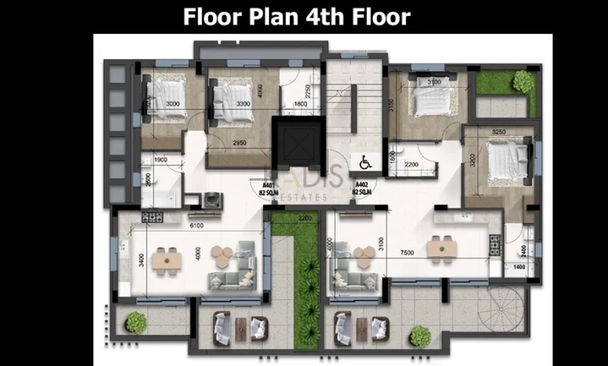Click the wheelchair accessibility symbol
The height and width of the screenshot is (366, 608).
(x=367, y=162)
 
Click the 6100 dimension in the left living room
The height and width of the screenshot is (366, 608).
(x=198, y=226)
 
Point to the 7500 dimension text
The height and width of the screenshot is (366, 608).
(x=406, y=253)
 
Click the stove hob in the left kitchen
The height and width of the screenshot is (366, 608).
(x=151, y=215)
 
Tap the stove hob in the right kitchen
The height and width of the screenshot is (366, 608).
(x=496, y=245)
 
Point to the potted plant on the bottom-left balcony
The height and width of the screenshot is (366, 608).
(x=136, y=322)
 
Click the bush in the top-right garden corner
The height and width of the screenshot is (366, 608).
(x=522, y=81)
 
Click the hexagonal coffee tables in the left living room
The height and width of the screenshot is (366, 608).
(x=222, y=254)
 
